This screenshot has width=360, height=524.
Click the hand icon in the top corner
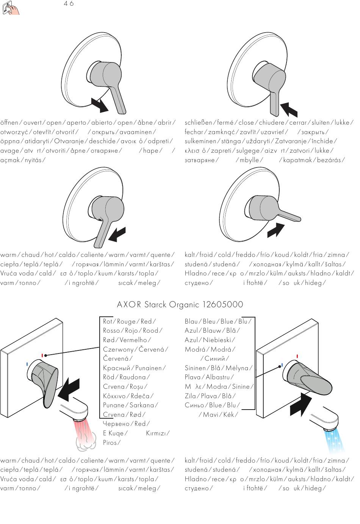pyautogui.click(x=10, y=8)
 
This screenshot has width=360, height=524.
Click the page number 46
pyautogui.click(x=69, y=4)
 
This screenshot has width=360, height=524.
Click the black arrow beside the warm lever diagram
pyautogui.click(x=117, y=235)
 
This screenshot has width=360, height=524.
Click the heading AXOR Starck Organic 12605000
pyautogui.click(x=180, y=305)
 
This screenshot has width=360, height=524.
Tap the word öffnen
pyautogui.click(x=9, y=123)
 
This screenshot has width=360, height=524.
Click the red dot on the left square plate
pyautogui.click(x=44, y=355)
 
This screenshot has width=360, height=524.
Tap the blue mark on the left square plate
pyautogui.click(x=27, y=364)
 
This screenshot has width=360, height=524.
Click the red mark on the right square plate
pyautogui.click(x=297, y=356)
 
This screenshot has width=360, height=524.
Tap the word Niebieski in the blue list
pyautogui.click(x=218, y=340)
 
